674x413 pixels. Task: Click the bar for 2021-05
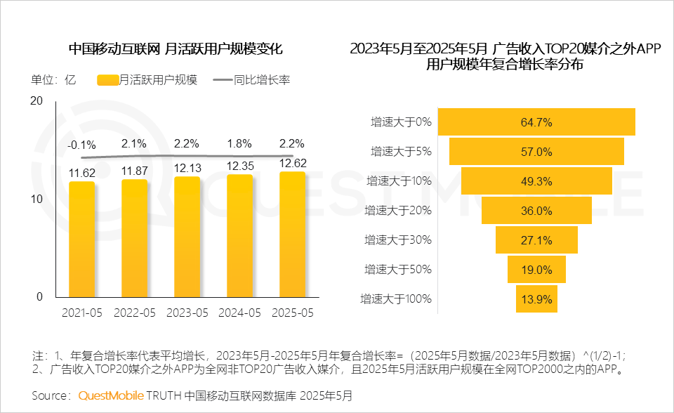pos(81,239)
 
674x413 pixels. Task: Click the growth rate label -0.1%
pos(81,145)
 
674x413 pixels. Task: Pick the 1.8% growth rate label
pos(239,144)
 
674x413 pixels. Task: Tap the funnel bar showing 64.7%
pos(536,122)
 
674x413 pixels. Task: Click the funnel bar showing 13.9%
pos(536,299)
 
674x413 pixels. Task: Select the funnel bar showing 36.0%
pos(536,211)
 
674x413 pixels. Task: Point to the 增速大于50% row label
pos(398,270)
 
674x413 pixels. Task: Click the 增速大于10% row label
pos(398,181)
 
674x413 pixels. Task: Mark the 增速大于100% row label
pos(395,299)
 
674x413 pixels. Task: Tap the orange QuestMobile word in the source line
pos(110,395)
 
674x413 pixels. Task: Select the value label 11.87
pos(134,171)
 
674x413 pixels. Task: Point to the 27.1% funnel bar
pos(536,240)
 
